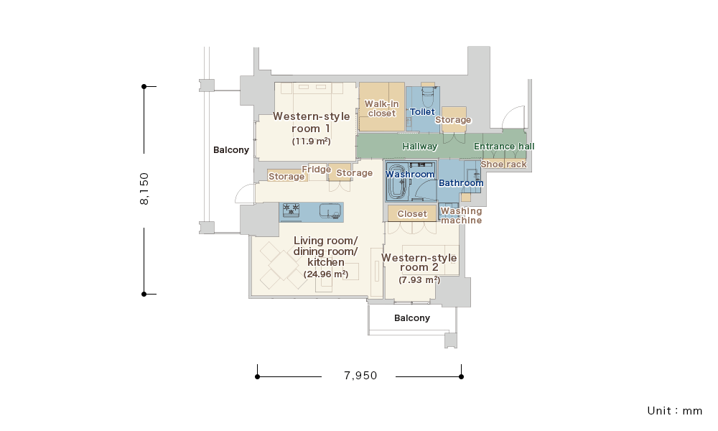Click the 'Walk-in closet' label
click(x=381, y=108)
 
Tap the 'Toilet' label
click(x=422, y=112)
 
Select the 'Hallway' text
click(x=420, y=147)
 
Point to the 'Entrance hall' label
click(x=504, y=147)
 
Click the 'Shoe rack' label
click(x=504, y=164)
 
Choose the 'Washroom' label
click(x=410, y=175)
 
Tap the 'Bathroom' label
click(x=461, y=183)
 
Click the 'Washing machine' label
click(x=461, y=215)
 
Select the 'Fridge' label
click(x=317, y=170)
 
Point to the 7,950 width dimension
click(x=360, y=376)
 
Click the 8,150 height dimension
click(x=144, y=189)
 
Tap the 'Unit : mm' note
click(x=674, y=411)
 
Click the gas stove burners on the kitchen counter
click(x=291, y=210)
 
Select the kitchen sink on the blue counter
click(x=330, y=210)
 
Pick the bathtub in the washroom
click(x=398, y=181)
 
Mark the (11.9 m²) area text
click(x=312, y=142)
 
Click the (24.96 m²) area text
click(x=325, y=274)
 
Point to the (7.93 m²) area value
click(x=419, y=280)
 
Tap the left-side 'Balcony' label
click(x=231, y=150)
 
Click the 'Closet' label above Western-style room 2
click(x=412, y=214)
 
